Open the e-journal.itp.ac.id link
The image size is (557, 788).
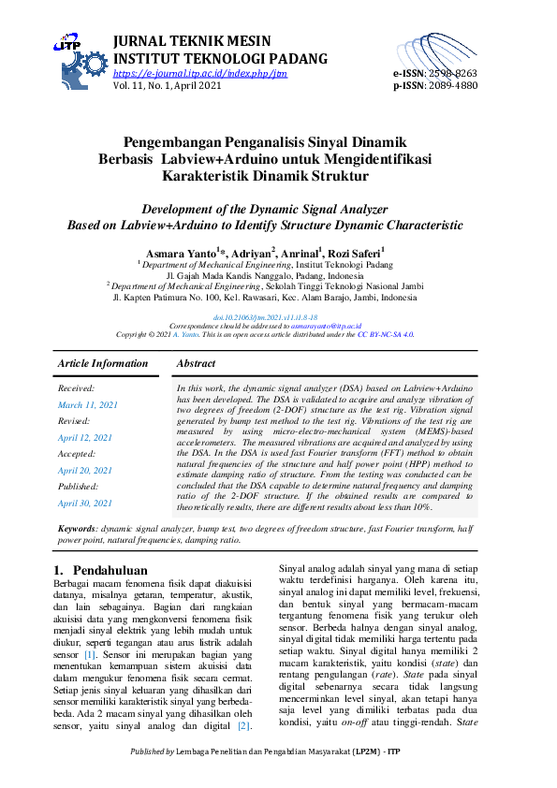[199, 73]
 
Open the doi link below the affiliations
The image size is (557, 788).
[278, 317]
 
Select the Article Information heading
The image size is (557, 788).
[103, 363]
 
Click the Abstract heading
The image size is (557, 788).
[196, 363]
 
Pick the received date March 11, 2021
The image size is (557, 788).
[88, 404]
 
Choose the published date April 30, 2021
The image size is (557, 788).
[85, 503]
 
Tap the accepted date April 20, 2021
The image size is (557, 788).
[85, 470]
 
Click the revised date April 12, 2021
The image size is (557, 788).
[85, 437]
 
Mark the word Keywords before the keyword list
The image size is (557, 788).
[78, 529]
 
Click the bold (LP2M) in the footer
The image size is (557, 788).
[367, 777]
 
